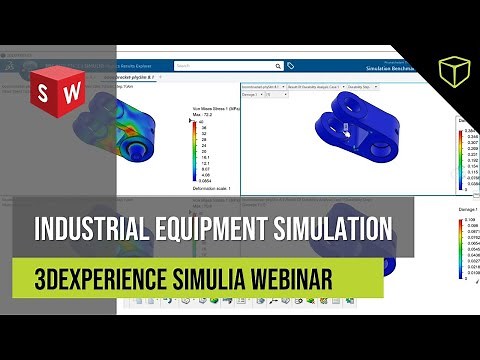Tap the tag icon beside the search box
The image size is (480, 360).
[290, 66]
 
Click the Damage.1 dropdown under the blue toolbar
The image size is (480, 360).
[258, 96]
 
